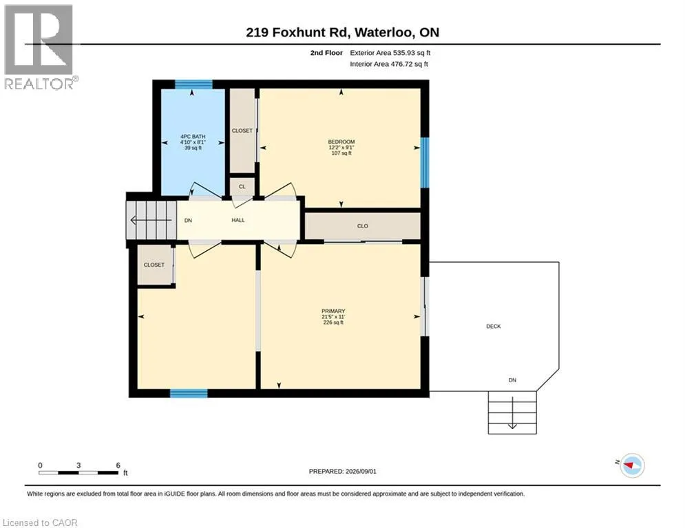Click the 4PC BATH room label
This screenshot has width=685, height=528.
[x=193, y=137]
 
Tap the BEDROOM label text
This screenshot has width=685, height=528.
[x=341, y=142]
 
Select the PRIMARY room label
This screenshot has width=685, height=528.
[x=333, y=311]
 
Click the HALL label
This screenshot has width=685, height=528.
[x=238, y=221]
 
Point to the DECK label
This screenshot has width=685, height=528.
[x=494, y=327]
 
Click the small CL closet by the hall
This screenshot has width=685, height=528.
[x=242, y=187]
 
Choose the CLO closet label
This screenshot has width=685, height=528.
[x=363, y=226]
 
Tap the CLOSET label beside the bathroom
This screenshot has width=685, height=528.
[x=242, y=131]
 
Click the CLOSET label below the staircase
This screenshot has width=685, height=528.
[x=154, y=265]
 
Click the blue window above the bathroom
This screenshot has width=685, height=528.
[x=193, y=84]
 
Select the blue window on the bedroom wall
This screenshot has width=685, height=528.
[x=425, y=163]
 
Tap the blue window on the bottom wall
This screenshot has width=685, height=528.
[x=189, y=393]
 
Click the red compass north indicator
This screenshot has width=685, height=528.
[x=630, y=465]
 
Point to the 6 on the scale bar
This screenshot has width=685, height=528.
[x=118, y=465]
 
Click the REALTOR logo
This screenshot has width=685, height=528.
[x=39, y=47]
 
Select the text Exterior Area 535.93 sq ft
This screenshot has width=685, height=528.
[x=390, y=53]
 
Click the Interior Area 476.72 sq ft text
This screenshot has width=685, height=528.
[x=389, y=64]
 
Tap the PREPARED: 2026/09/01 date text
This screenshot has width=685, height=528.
[x=343, y=471]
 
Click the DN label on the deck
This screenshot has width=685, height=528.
[x=512, y=380]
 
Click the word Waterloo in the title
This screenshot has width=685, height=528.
[x=383, y=33]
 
